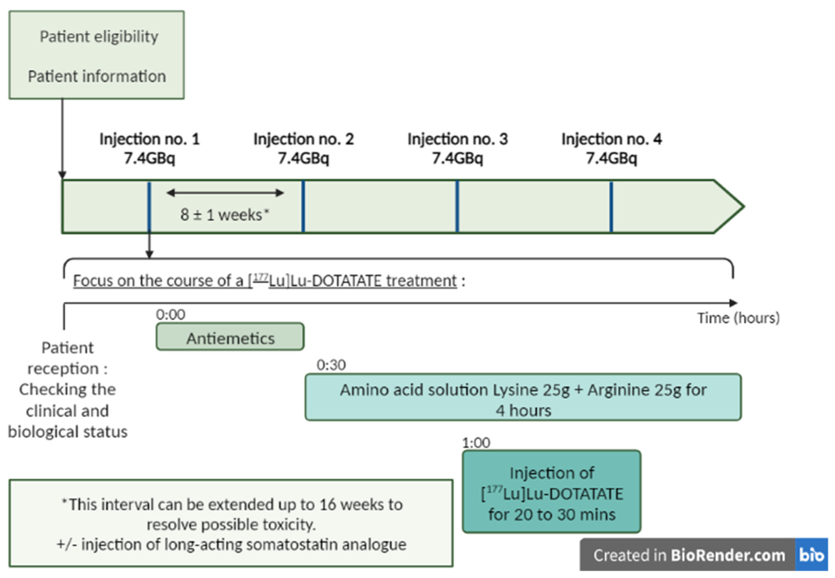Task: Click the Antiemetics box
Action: pos(230,336)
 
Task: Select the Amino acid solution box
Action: pos(523,397)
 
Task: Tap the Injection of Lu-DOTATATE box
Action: pos(551,491)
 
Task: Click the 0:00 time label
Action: pos(170,314)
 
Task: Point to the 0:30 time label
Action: pos(331,365)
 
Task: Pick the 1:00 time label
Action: pos(476,443)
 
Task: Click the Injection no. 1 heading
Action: pos(149,139)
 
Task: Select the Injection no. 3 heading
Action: pos(457,139)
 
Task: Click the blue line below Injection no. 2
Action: pos(303,206)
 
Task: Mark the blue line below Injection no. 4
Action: pos(611,206)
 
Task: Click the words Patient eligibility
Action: pos(99,36)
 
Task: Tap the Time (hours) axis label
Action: pos(738,318)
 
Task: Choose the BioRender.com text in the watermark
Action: pos(727,555)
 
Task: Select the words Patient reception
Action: pos(67,358)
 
